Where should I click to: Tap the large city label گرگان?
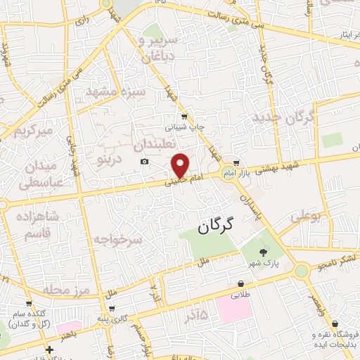tap(214, 227)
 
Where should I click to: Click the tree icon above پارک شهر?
tap(263, 252)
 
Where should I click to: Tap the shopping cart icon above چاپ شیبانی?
tap(184, 117)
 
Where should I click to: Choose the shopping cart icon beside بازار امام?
tap(236, 162)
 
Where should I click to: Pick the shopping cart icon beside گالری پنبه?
tap(112, 309)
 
